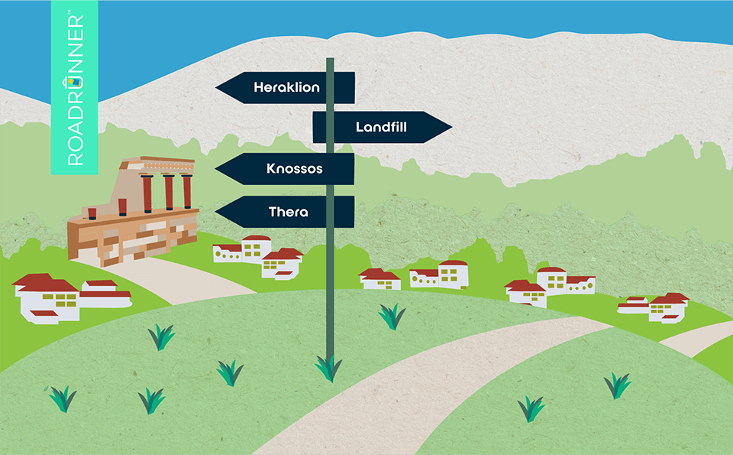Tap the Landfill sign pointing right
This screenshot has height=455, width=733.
click(382, 127)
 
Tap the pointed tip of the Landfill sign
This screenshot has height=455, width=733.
click(450, 127)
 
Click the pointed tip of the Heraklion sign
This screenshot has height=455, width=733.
click(218, 88)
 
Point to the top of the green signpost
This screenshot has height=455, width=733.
click(330, 60)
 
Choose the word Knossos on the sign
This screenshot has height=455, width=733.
click(295, 168)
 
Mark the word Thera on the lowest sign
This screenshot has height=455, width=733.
click(289, 211)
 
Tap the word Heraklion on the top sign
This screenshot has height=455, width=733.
click(286, 88)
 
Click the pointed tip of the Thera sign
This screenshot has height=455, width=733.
click(218, 211)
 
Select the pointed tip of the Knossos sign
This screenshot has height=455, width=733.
click(218, 168)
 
